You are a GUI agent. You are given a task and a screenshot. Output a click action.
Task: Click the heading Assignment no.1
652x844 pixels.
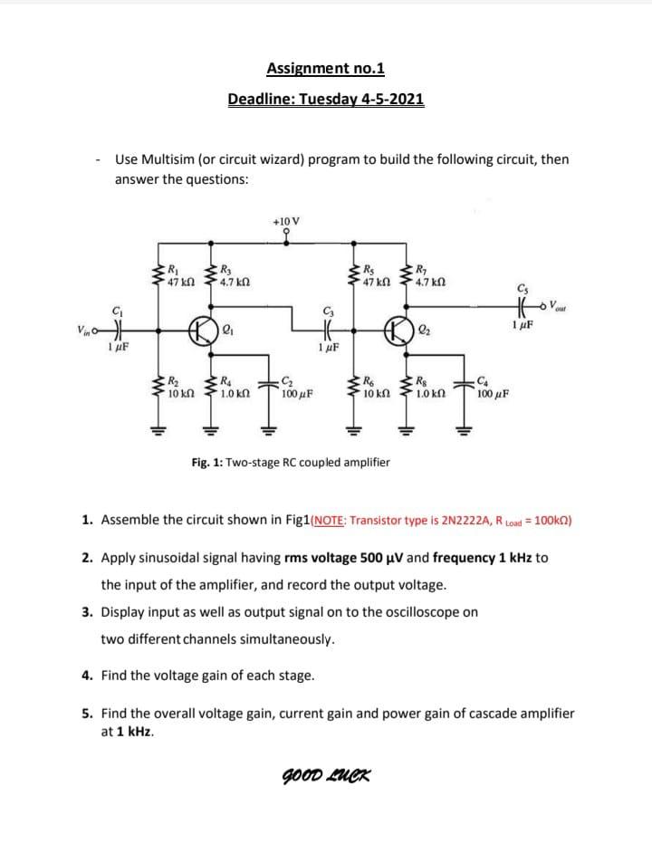(326, 68)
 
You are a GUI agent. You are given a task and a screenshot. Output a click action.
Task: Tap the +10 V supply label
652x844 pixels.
(286, 220)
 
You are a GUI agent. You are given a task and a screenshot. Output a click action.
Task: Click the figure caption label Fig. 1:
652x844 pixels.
(206, 462)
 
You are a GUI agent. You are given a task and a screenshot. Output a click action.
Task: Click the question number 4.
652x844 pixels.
(85, 675)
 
